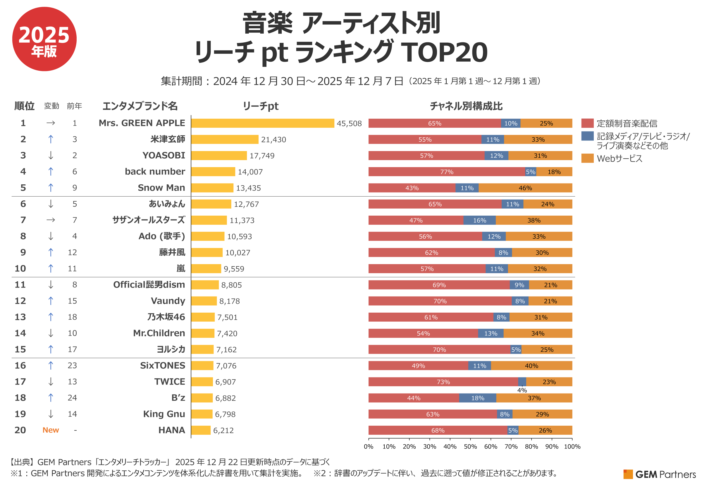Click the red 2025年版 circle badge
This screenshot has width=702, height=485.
[44, 39]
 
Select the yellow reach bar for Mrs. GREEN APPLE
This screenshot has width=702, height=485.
[262, 123]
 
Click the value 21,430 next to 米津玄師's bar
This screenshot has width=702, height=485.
[273, 139]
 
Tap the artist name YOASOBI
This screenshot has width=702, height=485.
[163, 155]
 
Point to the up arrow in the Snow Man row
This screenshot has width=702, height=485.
[51, 188]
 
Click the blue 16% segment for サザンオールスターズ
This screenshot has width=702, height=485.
[479, 220]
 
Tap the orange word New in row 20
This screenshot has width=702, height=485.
[51, 430]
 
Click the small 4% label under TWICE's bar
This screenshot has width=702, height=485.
[522, 390]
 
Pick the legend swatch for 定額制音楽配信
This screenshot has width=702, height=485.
[587, 123]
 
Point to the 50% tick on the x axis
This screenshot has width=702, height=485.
[470, 446]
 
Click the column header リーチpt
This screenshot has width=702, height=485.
[260, 106]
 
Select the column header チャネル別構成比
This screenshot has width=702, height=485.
[466, 106]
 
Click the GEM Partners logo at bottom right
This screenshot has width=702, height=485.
[659, 474]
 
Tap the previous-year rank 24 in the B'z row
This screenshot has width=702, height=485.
[72, 397]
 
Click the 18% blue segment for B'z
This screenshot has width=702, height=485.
[477, 398]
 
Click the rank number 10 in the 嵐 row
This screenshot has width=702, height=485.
[20, 268]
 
